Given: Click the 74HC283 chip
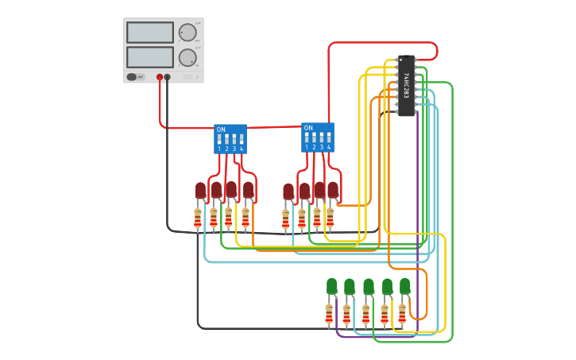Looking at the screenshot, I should (x=406, y=86).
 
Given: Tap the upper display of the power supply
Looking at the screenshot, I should (x=149, y=33).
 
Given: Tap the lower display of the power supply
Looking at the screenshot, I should (x=149, y=56).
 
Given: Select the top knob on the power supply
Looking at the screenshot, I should (x=187, y=33).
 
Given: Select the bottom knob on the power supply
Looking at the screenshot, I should (x=187, y=57).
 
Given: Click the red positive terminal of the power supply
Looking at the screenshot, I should (x=160, y=77).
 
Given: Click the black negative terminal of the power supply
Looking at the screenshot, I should (x=167, y=77).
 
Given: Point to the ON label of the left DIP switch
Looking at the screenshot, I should (x=221, y=130).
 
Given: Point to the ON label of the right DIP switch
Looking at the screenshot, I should (x=308, y=128).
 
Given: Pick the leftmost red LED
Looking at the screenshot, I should (x=200, y=190).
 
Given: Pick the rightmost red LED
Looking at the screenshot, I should (x=333, y=190).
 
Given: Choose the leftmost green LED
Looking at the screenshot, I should (x=331, y=285).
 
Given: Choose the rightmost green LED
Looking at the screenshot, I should (x=404, y=285).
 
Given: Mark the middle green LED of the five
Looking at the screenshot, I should (x=368, y=285).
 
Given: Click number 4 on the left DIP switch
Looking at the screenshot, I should (x=242, y=149).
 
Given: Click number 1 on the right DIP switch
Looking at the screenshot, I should (x=307, y=147).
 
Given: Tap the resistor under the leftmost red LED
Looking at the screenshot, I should (x=198, y=218).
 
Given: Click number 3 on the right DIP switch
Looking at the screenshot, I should (x=322, y=147).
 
